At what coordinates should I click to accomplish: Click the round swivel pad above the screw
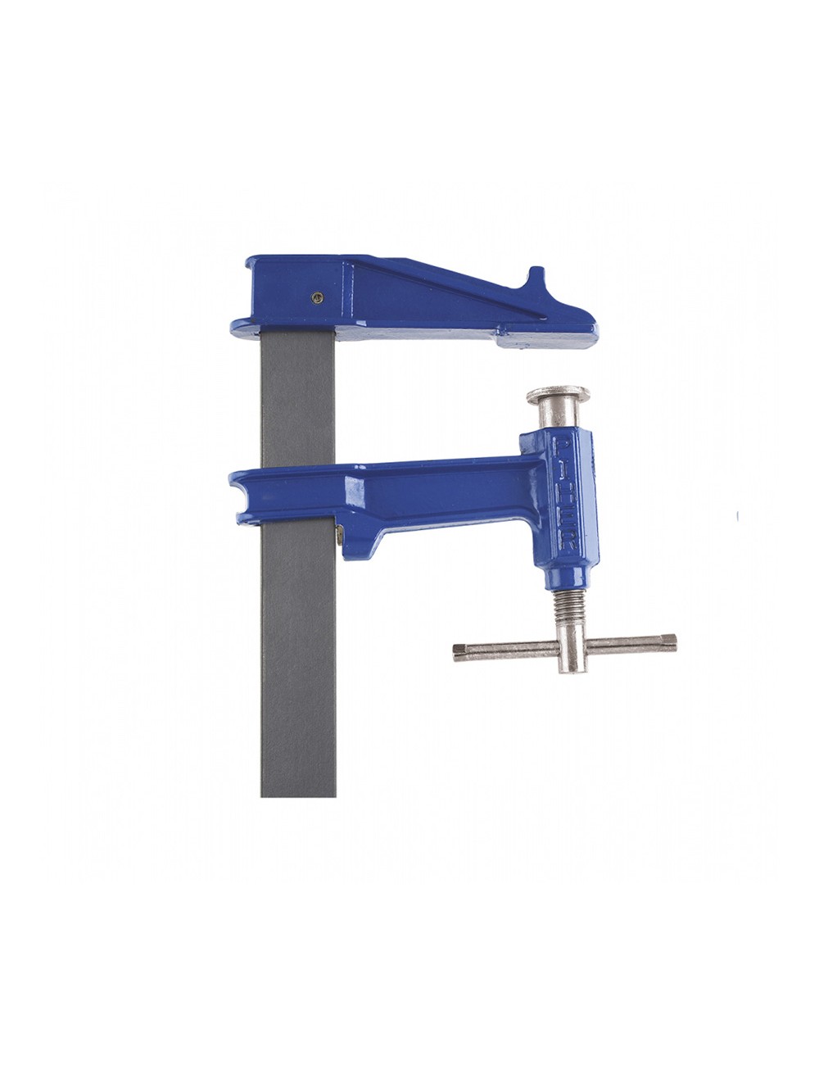coord(558,396)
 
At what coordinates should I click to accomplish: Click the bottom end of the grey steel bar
coord(298,791)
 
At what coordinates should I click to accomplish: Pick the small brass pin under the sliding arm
coord(339,537)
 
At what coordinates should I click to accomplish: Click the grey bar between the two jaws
coord(298,401)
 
